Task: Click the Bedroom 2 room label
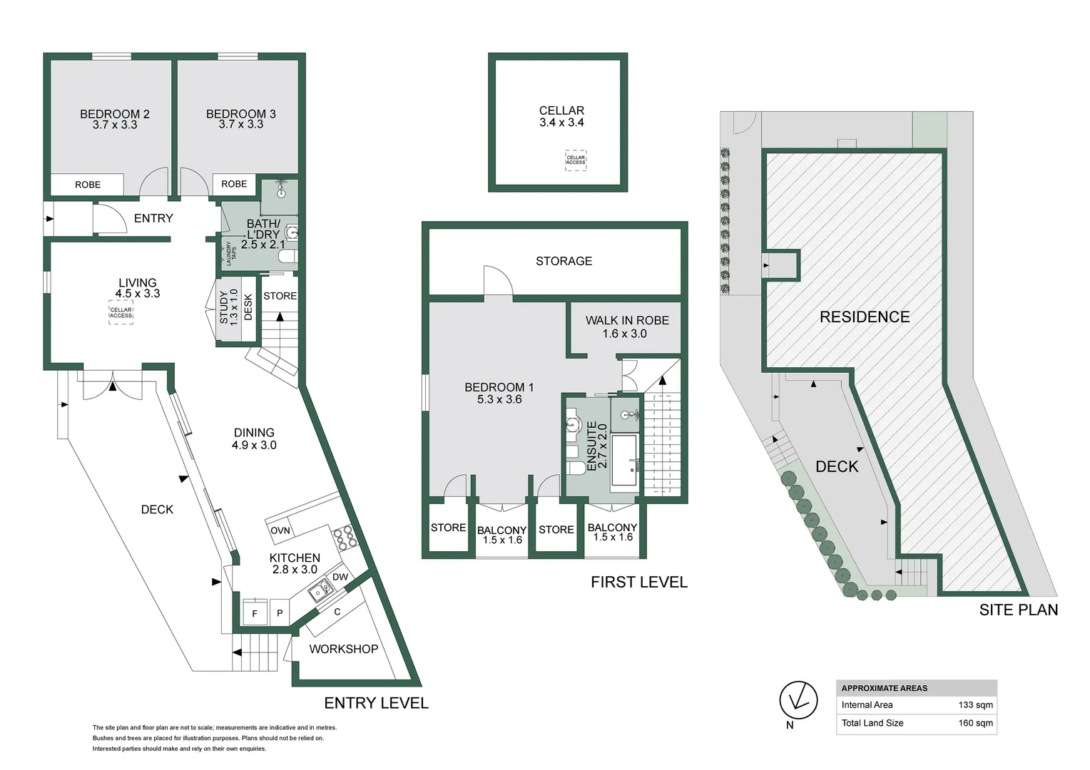tap(114, 114)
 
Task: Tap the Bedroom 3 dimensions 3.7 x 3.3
tap(241, 125)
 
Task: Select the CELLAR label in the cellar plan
tap(561, 111)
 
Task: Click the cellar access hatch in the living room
tap(121, 312)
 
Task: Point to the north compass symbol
tap(798, 700)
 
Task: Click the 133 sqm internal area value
tap(975, 705)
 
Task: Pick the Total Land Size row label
tap(872, 723)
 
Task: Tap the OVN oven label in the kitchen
tap(280, 530)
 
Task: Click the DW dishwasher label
tap(340, 577)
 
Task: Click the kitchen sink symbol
tap(320, 590)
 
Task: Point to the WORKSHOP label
tap(343, 649)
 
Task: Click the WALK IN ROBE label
tap(627, 321)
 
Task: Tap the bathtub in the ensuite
tap(624, 460)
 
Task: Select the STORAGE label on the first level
tap(564, 261)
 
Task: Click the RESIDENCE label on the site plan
tap(864, 317)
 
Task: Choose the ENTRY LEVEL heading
tap(376, 703)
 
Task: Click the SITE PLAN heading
tap(1018, 610)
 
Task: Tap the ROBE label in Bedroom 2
tap(88, 185)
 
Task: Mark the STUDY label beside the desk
tap(224, 307)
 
